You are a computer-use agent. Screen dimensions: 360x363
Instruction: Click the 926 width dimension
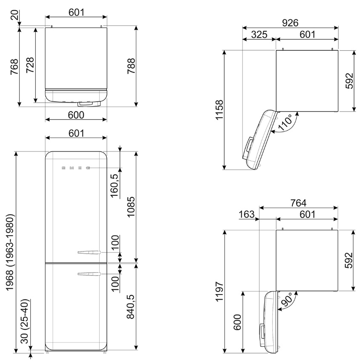[x=290, y=23]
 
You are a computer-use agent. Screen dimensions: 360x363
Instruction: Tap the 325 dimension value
[x=259, y=34]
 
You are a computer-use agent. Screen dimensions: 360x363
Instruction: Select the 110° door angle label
[x=286, y=122]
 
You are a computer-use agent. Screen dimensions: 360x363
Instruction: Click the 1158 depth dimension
[x=219, y=110]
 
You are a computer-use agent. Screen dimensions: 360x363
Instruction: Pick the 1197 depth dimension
[x=219, y=292]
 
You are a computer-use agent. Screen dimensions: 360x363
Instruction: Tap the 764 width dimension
[x=298, y=203]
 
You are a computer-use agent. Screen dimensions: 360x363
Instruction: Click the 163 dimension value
[x=246, y=214]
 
